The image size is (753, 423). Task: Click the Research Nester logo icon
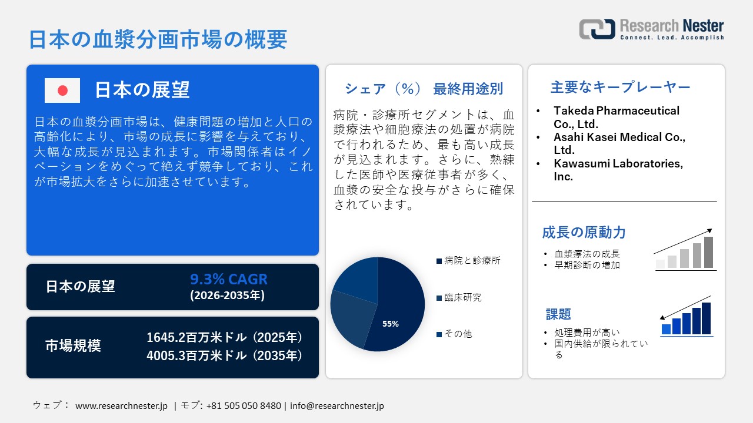point(597,29)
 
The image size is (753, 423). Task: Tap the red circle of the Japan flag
point(62,90)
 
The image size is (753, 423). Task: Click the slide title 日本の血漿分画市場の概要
point(158,39)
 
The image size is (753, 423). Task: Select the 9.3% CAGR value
point(228,280)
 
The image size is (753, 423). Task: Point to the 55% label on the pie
point(391,324)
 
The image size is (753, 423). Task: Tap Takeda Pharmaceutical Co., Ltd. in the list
point(616,117)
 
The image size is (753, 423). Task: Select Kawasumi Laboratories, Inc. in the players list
point(618,170)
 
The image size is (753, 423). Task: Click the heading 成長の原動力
point(584,233)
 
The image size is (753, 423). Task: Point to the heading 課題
point(558,314)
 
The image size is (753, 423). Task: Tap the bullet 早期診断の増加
point(587,265)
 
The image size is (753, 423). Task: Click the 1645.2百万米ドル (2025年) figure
point(224,337)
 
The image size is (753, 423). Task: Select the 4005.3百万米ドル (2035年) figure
point(224,355)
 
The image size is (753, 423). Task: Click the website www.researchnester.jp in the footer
point(122,405)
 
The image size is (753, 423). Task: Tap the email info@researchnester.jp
point(337,405)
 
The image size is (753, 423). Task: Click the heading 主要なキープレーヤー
point(620,88)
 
